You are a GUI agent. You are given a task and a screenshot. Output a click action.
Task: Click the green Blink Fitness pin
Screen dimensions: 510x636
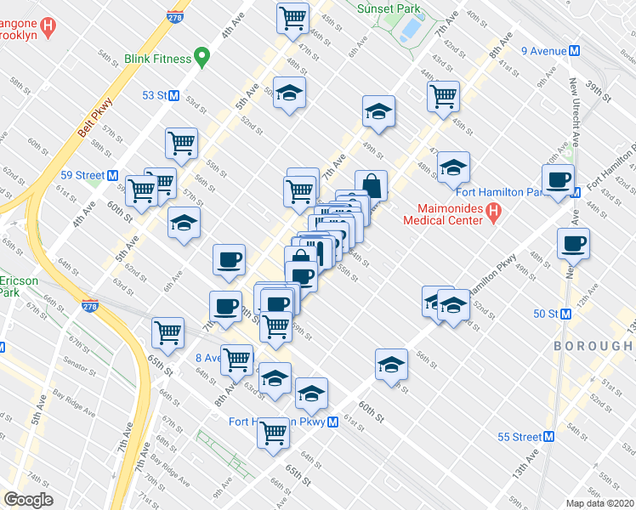coord(202,58)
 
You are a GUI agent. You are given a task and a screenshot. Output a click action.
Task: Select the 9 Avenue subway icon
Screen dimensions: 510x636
coord(575,51)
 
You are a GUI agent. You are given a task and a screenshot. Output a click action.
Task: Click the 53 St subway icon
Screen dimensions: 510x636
coord(173,95)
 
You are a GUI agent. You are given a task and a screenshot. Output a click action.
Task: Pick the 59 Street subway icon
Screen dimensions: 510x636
coord(111,175)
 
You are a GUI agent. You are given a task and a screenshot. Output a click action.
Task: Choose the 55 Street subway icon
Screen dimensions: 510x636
coord(548,437)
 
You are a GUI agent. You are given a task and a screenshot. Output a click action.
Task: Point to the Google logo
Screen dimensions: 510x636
coord(28,500)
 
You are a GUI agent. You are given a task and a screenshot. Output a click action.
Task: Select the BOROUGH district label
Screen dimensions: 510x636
coord(593,346)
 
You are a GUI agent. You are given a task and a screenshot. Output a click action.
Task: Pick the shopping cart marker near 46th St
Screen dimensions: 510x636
coord(292,17)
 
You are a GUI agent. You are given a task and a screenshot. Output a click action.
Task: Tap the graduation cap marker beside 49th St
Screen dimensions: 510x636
coord(378,111)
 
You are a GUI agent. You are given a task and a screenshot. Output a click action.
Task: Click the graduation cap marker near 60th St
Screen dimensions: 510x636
coord(390,365)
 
